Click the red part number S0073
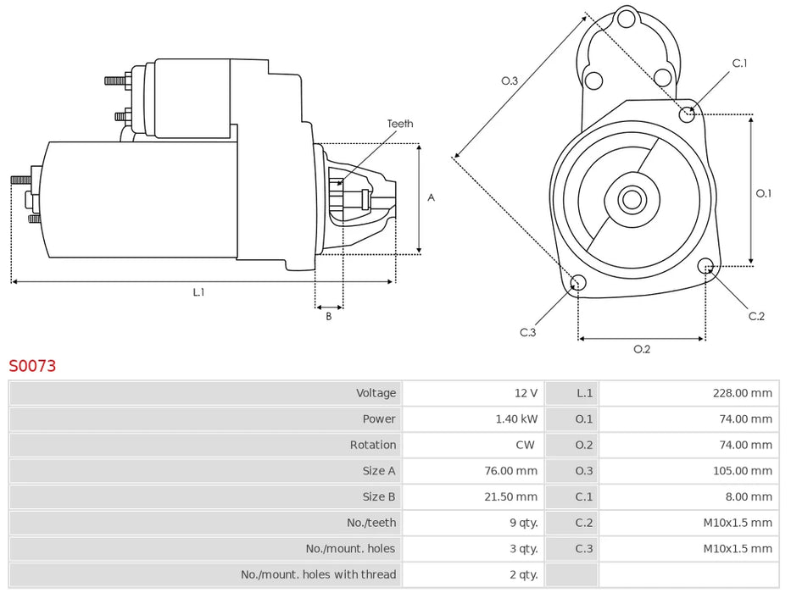[x=33, y=366]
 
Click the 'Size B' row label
[x=379, y=497]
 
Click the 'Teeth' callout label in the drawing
[x=400, y=124]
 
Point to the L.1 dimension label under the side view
[x=198, y=292]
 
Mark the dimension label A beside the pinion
[x=431, y=197]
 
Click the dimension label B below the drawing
[x=329, y=317]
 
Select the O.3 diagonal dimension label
[x=510, y=80]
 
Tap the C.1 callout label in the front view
[x=739, y=64]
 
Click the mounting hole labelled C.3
[x=577, y=283]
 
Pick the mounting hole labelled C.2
[x=705, y=267]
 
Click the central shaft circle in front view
[x=631, y=200]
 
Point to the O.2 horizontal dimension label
[x=642, y=349]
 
